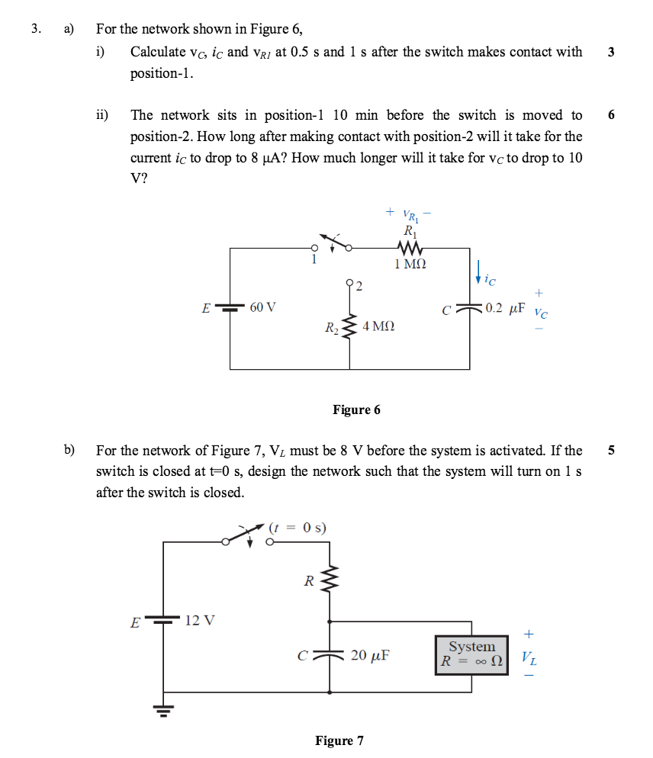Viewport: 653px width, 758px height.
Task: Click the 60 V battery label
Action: [x=262, y=307]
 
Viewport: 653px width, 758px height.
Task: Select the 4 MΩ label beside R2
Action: [x=378, y=326]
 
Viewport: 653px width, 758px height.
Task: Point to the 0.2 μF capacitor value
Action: [x=505, y=308]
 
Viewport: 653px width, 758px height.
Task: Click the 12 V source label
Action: [x=200, y=620]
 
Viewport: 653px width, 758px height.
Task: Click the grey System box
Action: [x=471, y=654]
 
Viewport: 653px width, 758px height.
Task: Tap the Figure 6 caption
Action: [x=356, y=410]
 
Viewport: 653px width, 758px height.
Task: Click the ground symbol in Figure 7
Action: [x=162, y=710]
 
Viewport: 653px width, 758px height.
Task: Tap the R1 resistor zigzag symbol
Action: [x=410, y=248]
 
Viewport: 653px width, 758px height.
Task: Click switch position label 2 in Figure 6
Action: [x=359, y=287]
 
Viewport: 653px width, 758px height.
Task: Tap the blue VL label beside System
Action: [x=529, y=657]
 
